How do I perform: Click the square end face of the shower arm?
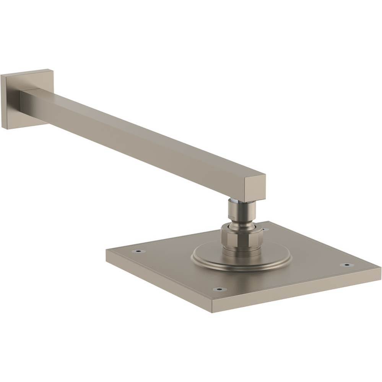pyautogui.click(x=255, y=187)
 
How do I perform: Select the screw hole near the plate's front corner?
pyautogui.click(x=219, y=289)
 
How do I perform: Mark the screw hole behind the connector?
pyautogui.click(x=264, y=230)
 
